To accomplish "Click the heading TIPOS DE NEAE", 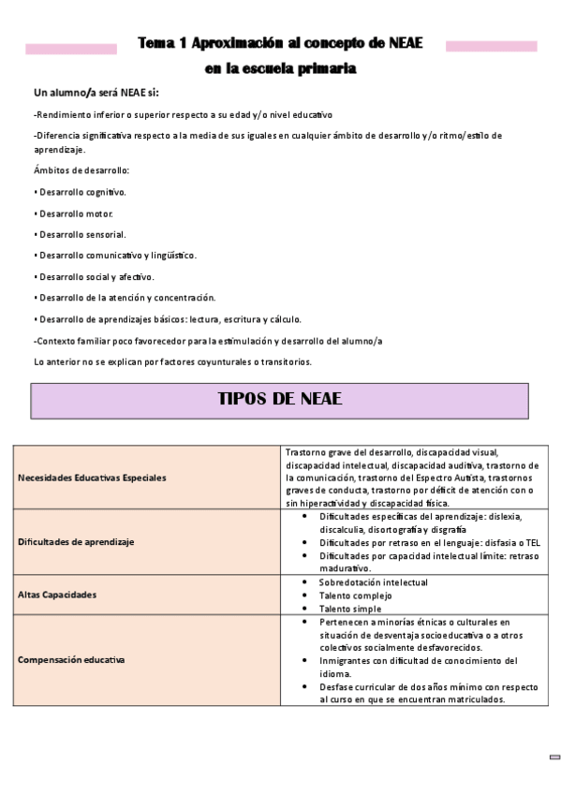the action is (279, 399).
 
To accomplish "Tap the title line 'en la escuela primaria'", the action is (280, 68).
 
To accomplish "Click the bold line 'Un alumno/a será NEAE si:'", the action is (96, 93).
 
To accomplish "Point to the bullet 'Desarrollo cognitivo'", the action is (82, 192).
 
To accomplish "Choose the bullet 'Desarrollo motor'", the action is (75, 213).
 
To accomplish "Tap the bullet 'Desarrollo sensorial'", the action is (82, 234).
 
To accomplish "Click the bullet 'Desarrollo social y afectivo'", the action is (96, 277).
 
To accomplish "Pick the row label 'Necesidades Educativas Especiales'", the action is (92, 478).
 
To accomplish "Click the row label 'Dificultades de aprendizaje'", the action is (76, 541).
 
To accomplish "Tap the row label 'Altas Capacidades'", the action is (57, 595).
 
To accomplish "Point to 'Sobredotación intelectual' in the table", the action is (373, 582).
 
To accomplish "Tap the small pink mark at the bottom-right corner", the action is (554, 757).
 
